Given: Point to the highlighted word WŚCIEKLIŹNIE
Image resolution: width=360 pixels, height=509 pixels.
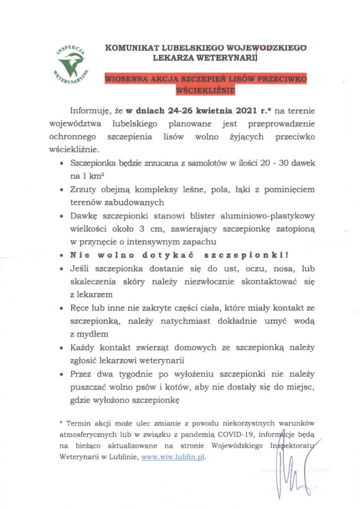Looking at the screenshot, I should (x=205, y=91).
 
